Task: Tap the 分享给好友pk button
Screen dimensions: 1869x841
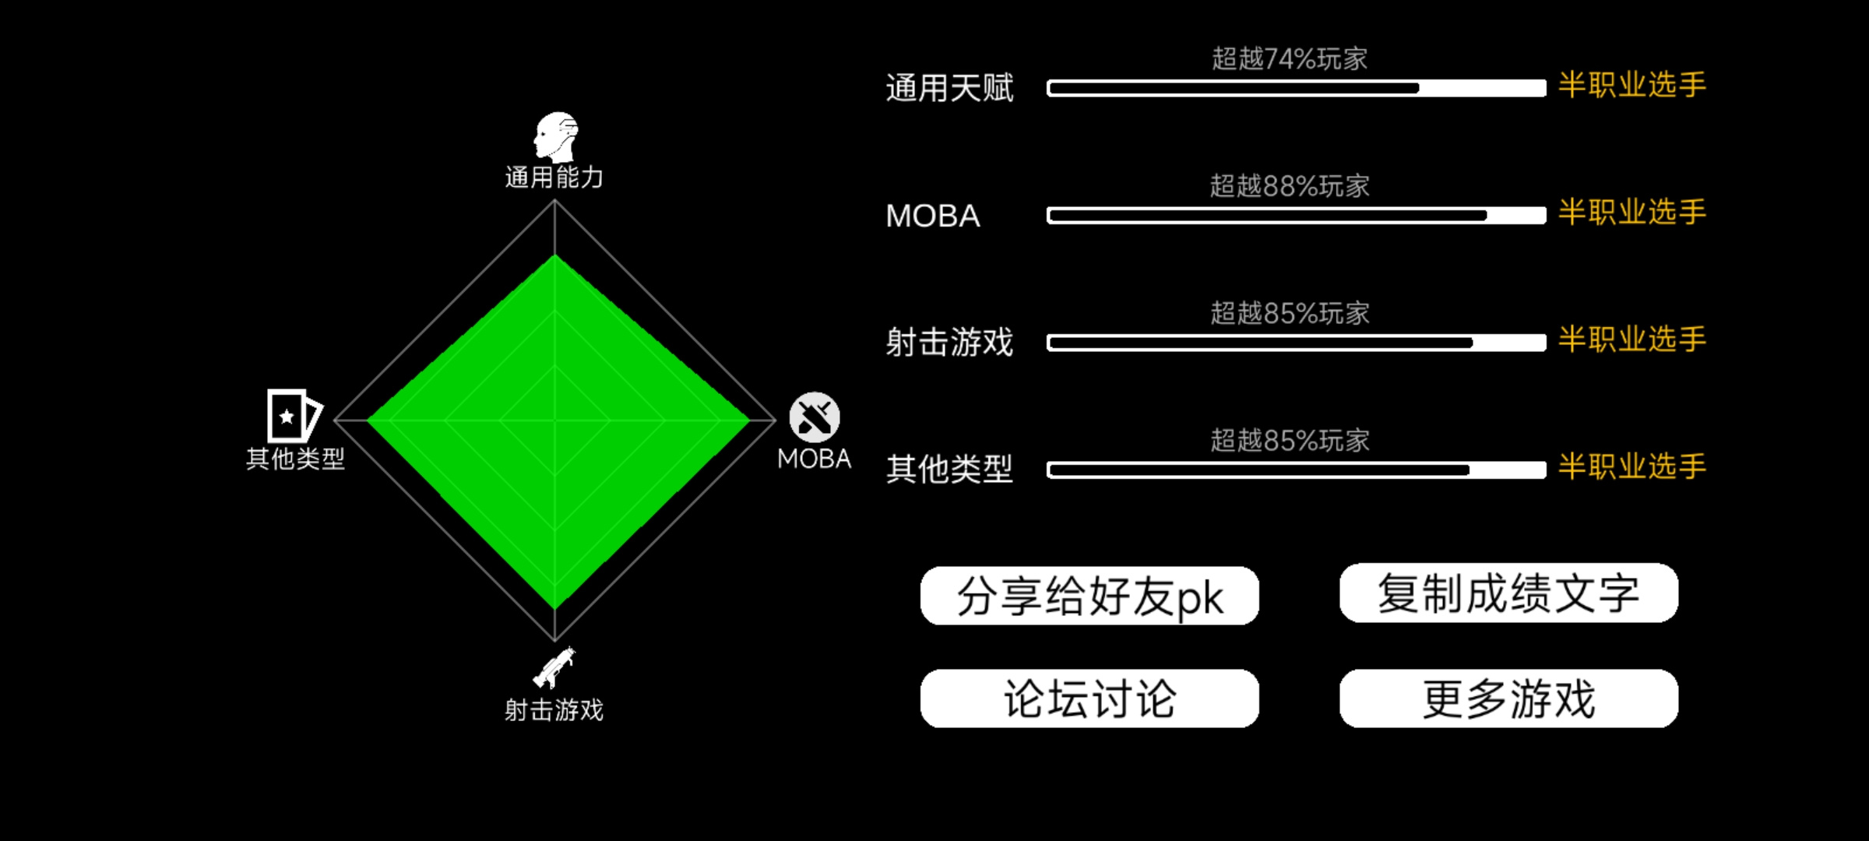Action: pyautogui.click(x=1089, y=596)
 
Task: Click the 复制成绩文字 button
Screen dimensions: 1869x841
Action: pyautogui.click(x=1508, y=593)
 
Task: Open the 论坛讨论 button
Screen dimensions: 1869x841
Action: pyautogui.click(x=1089, y=698)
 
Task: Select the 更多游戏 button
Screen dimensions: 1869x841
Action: pyautogui.click(x=1508, y=698)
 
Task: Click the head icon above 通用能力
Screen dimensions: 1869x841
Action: pyautogui.click(x=556, y=137)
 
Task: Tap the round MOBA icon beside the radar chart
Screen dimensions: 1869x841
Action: pyautogui.click(x=815, y=417)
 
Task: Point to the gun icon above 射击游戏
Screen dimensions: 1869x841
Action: pyautogui.click(x=554, y=667)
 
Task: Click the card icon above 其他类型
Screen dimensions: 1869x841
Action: pyautogui.click(x=294, y=416)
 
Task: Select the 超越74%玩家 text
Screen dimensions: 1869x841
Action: pyautogui.click(x=1290, y=59)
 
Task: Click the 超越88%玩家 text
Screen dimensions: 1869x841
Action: pyautogui.click(x=1290, y=186)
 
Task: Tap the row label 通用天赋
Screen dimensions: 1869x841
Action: pyautogui.click(x=949, y=88)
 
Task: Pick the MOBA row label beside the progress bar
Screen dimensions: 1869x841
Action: pyautogui.click(x=933, y=216)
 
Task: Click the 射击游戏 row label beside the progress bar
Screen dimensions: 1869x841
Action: pyautogui.click(x=949, y=343)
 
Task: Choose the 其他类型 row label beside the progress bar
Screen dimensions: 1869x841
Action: pyautogui.click(x=949, y=470)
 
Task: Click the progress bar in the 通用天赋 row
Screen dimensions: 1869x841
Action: pyautogui.click(x=1297, y=88)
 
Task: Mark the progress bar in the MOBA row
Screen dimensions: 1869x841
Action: pyautogui.click(x=1297, y=216)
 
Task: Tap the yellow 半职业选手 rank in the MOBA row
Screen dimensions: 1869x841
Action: pyautogui.click(x=1632, y=212)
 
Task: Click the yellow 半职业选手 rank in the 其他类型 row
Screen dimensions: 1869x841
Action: pyautogui.click(x=1632, y=466)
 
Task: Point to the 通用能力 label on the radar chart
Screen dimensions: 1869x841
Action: pyautogui.click(x=554, y=178)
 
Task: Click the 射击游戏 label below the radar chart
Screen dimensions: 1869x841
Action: pyautogui.click(x=554, y=710)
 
